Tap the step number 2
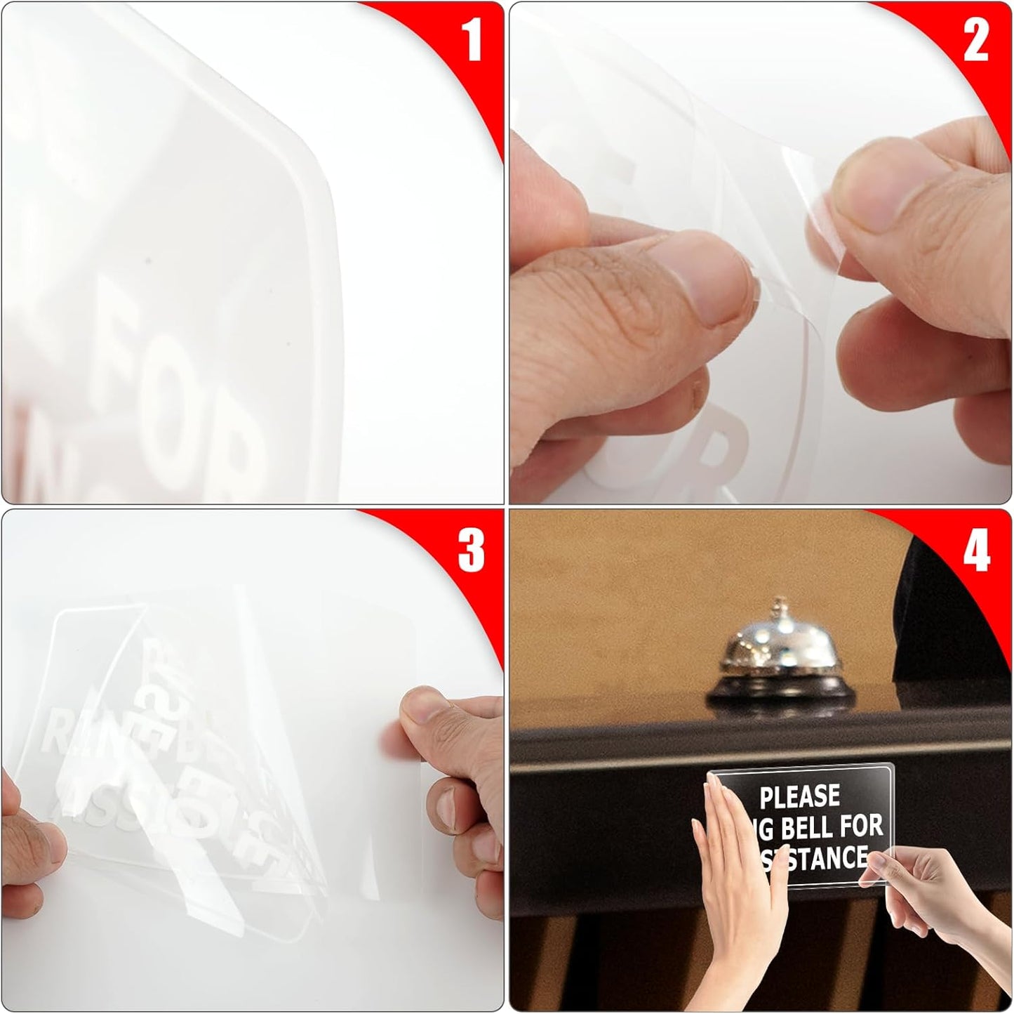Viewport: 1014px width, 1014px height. pos(976,40)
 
